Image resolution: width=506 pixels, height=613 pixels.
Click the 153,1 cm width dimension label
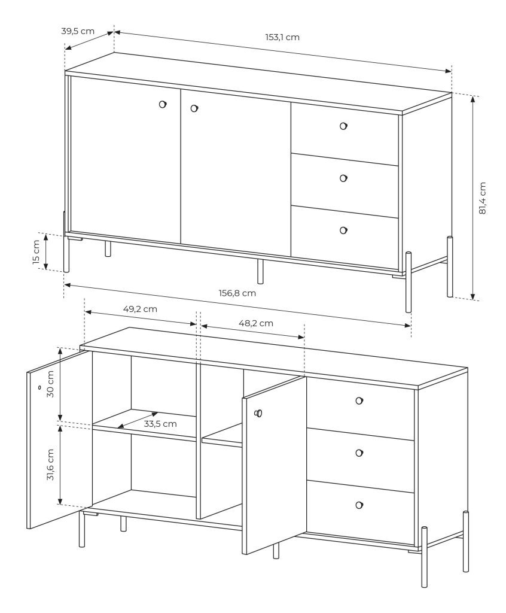pos(282,37)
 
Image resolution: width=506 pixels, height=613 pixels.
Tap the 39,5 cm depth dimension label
pos(78,31)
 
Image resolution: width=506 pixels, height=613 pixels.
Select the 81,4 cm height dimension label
pos(482,198)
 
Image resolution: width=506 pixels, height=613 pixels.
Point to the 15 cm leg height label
pos(36,252)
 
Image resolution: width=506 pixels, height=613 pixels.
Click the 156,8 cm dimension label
pos(237,293)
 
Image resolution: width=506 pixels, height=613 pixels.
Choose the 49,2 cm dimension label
pos(141,309)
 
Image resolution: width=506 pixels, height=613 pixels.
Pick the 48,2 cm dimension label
pos(256,323)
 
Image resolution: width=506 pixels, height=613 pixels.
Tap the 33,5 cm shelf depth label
pos(160,424)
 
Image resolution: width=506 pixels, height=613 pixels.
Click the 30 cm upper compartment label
pos(50,384)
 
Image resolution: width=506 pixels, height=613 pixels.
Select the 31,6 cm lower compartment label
pos(50,465)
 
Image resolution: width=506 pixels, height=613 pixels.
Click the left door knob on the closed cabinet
pos(163,104)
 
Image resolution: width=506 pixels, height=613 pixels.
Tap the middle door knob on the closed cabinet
pos(194,108)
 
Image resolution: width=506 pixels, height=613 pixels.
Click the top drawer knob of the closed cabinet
pos(343,126)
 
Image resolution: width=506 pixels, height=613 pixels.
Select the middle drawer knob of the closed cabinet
pos(343,178)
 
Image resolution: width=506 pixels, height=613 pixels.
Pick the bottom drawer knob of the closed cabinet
pos(343,230)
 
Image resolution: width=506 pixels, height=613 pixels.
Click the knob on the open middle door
pos(258,413)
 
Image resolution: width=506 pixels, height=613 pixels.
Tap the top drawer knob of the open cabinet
pos(359,400)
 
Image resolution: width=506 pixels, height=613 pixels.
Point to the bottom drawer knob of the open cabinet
pos(359,505)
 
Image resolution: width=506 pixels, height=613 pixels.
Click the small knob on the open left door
pos(39,387)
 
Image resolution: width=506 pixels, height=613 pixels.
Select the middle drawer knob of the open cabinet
pos(359,453)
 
